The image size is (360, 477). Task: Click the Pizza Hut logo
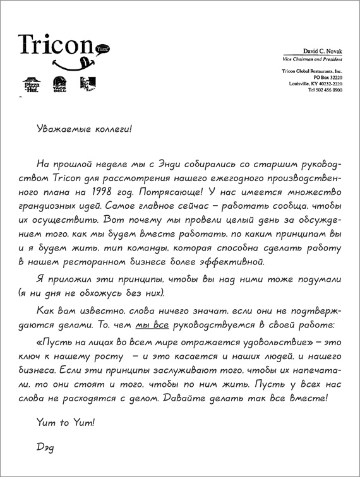tap(31, 85)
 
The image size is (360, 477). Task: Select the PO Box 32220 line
tap(327, 78)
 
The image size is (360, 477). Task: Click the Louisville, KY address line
tap(316, 84)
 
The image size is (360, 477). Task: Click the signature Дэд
tap(47, 447)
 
